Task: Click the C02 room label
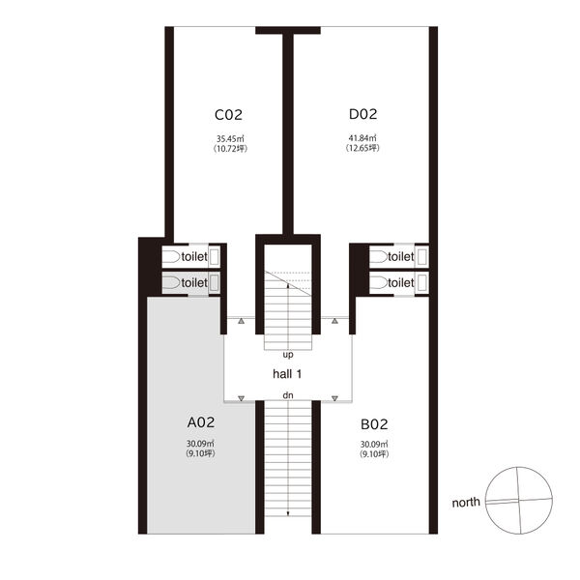(x=228, y=115)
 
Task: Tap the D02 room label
(x=362, y=114)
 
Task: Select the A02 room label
(x=201, y=422)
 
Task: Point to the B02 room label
(x=374, y=424)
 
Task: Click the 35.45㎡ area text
(x=230, y=139)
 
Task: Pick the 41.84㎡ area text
(x=362, y=138)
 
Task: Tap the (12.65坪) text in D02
(x=362, y=148)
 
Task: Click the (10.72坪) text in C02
(x=230, y=149)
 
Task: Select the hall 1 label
(x=287, y=374)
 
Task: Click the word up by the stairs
(x=288, y=355)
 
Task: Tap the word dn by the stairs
(x=288, y=395)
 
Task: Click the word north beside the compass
(x=466, y=503)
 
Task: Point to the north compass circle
(x=485, y=501)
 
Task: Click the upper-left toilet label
(x=194, y=257)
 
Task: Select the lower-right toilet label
(x=400, y=283)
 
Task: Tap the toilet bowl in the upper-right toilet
(x=378, y=257)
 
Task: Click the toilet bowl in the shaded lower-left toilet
(x=171, y=283)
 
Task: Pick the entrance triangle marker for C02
(x=241, y=321)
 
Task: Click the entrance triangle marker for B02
(x=334, y=398)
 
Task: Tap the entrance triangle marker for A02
(x=241, y=398)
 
